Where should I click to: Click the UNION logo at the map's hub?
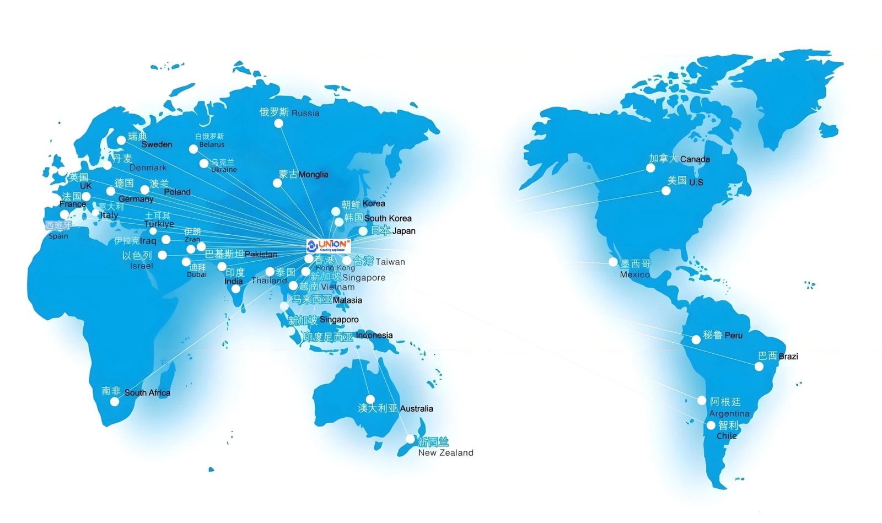click(328, 245)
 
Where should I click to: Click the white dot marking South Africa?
click(114, 402)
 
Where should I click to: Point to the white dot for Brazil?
click(759, 366)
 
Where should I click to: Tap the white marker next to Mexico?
click(613, 262)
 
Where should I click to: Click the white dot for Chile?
click(711, 425)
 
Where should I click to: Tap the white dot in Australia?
click(370, 399)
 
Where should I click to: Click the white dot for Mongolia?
click(277, 183)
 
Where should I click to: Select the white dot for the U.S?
click(666, 191)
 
